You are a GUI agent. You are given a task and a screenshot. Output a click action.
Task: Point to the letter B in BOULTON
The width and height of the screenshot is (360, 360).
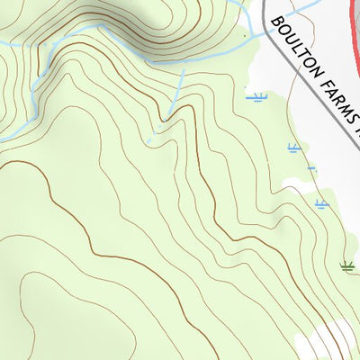pos(274,21)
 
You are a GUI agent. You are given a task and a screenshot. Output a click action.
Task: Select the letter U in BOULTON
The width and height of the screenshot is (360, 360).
pos(288,37)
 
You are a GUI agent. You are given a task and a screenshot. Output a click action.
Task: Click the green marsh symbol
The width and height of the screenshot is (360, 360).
pos(346,265)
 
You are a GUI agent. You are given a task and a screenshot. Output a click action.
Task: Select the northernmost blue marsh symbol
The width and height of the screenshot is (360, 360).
pos(258,96)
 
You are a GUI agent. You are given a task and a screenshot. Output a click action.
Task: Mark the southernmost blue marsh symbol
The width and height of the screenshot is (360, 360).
pos(320,203)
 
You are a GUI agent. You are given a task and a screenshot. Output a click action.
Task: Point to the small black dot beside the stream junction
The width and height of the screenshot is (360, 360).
pos(245,36)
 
